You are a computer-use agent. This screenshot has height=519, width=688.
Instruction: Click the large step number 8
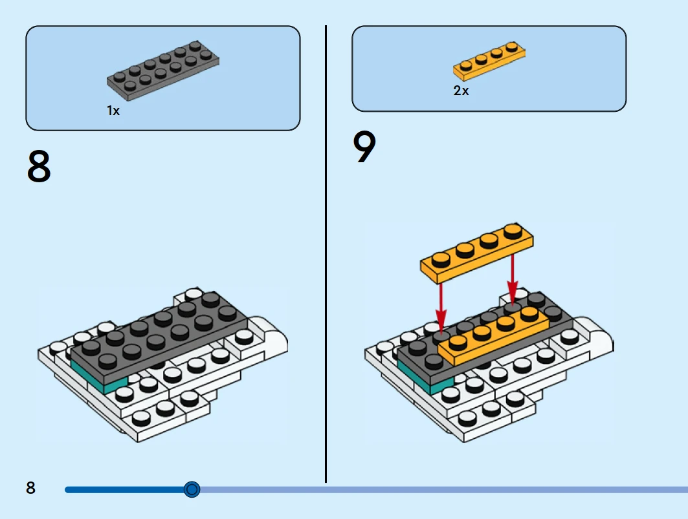coord(39,167)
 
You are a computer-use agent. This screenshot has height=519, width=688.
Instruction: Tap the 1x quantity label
coord(113,111)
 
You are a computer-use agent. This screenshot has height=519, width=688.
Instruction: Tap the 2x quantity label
coord(461,91)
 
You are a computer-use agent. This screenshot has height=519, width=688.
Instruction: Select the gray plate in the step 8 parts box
coord(163,70)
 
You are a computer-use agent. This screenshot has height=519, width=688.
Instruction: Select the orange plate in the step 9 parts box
coord(489,60)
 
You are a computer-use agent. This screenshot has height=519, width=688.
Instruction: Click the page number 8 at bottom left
coord(31,488)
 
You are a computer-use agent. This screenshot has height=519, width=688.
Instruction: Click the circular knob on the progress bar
coord(192,489)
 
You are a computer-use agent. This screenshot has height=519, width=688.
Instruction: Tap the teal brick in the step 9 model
coord(417,377)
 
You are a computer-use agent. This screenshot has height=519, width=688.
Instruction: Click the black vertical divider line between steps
coord(326,259)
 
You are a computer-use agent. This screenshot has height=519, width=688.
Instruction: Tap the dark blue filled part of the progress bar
coord(123,490)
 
